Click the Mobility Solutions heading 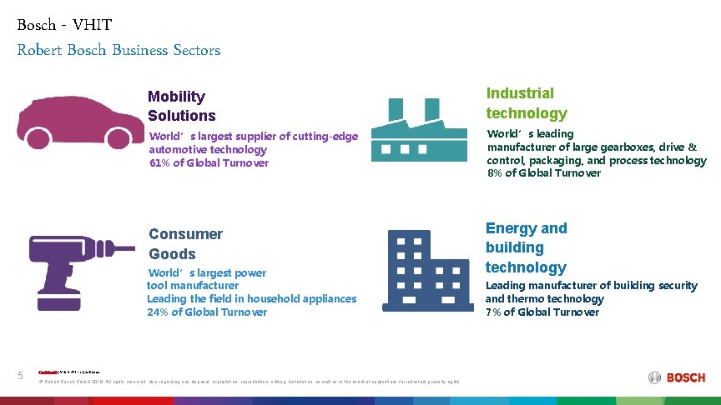[182, 107]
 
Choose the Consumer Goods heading [185, 244]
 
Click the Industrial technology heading [527, 103]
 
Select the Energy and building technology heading [526, 247]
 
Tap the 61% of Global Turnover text [209, 163]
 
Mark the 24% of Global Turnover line [207, 312]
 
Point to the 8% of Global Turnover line [544, 173]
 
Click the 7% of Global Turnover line [542, 312]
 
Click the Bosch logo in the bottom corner [676, 377]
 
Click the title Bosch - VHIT [63, 24]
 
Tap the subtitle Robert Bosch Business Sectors [118, 50]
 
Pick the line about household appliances [251, 298]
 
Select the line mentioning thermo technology [544, 299]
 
